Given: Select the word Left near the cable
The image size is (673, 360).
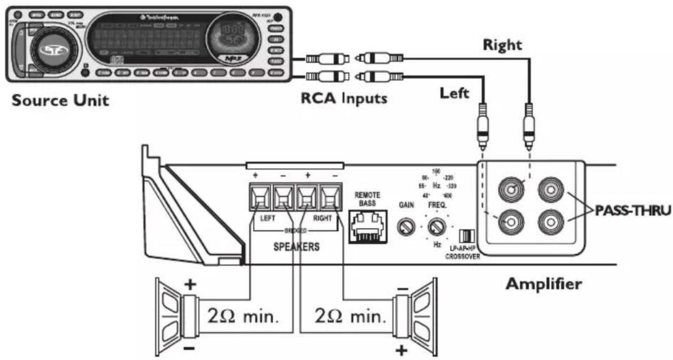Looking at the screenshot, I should [x=454, y=93].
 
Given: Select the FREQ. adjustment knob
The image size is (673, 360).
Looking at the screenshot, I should [x=438, y=228].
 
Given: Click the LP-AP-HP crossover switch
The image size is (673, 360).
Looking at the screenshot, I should [x=467, y=236].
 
